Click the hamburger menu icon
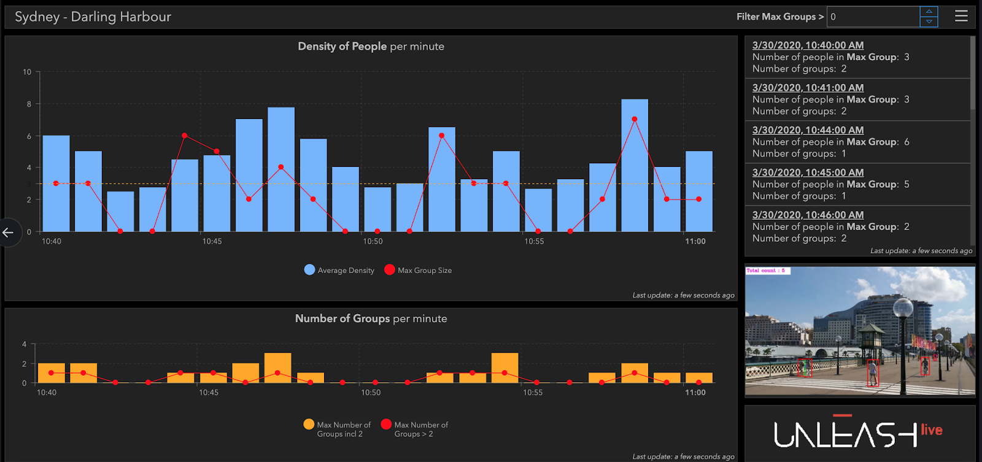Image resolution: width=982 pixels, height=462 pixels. click(961, 17)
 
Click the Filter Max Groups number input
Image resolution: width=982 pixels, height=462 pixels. click(873, 17)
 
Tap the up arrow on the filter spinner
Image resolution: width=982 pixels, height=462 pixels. click(929, 12)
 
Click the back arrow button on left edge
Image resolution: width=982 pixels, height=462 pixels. click(8, 233)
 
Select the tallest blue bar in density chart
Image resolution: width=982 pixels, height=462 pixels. click(634, 165)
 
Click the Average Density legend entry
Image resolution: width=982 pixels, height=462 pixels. click(339, 270)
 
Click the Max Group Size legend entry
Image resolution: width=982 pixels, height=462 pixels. click(418, 270)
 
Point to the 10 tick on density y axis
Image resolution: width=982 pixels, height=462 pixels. click(27, 72)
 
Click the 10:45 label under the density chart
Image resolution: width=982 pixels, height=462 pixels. click(212, 242)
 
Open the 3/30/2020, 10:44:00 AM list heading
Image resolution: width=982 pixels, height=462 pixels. click(808, 130)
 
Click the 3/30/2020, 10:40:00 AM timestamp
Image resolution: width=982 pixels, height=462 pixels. click(808, 45)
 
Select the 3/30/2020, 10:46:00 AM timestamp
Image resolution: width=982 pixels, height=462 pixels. click(808, 215)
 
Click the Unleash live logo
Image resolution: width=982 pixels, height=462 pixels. click(858, 433)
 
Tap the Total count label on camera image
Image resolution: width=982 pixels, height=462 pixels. click(766, 271)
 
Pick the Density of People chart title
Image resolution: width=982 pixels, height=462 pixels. click(371, 47)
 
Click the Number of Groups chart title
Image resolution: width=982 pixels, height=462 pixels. click(371, 319)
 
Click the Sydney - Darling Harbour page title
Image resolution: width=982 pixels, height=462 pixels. click(93, 17)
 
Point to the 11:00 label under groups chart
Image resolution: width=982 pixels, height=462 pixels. click(695, 393)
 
